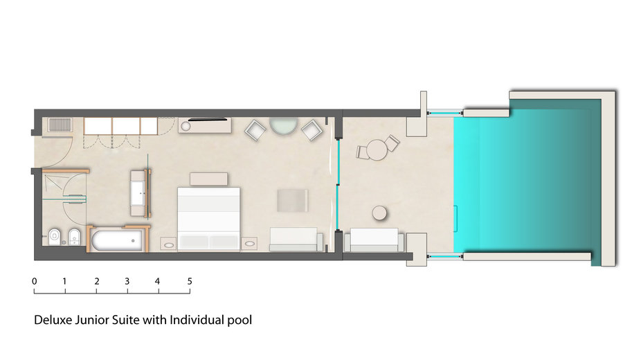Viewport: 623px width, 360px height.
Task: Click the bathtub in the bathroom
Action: click(x=117, y=241)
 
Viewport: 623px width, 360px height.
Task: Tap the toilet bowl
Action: click(x=53, y=237)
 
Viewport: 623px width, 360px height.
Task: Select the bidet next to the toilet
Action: click(x=74, y=237)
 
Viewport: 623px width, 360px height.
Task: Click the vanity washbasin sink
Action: click(x=138, y=193)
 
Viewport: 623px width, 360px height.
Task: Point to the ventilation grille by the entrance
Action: click(x=60, y=125)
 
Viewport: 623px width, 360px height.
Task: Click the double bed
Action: click(x=208, y=219)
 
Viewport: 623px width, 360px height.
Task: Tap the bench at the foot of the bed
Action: click(x=208, y=179)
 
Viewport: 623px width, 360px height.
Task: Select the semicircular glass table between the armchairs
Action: click(x=283, y=125)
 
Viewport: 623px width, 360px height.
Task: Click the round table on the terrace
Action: click(x=377, y=150)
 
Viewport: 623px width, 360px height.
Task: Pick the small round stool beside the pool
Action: click(x=379, y=213)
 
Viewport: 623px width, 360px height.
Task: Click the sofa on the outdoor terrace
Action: click(x=374, y=240)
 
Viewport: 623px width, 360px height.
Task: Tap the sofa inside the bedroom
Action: click(x=296, y=240)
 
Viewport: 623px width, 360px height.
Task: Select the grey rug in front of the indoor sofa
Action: click(x=292, y=201)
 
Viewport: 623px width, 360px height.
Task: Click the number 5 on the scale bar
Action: click(x=190, y=281)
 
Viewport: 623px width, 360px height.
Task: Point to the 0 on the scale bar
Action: click(x=35, y=281)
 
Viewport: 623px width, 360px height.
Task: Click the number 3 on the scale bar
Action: click(x=127, y=281)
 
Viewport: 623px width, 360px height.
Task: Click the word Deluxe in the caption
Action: click(x=53, y=320)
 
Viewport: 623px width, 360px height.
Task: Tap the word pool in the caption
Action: click(x=240, y=321)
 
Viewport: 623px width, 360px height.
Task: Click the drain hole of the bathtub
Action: click(x=133, y=241)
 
